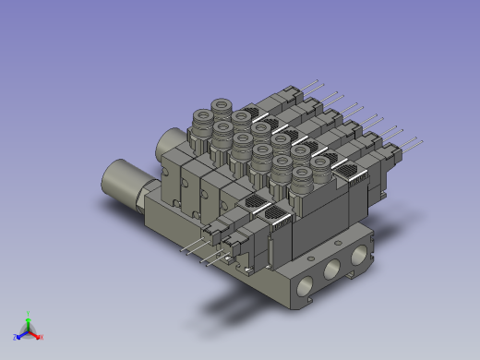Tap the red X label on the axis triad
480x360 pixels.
42,337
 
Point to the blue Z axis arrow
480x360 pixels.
22,332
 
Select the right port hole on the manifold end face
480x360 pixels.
355,258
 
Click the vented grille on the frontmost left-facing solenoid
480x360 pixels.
278,217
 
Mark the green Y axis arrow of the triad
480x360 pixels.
29,323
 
